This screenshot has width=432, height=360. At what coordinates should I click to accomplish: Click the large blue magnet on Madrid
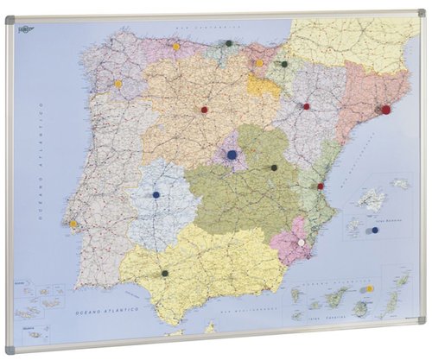pos(232,155)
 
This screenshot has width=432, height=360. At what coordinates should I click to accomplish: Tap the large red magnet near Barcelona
pos(385,110)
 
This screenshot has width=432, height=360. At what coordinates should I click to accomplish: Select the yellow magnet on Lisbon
pos(73,224)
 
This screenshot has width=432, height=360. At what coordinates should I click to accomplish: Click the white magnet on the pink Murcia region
pos(302,243)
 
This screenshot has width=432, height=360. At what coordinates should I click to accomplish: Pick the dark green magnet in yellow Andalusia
pos(164,274)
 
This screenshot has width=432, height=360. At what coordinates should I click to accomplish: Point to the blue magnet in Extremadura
pos(156,195)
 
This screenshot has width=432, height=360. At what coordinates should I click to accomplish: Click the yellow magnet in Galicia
pos(118,84)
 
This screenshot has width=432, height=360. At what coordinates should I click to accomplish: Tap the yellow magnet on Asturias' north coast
pos(175,47)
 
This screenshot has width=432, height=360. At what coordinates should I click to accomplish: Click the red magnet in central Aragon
pos(306,106)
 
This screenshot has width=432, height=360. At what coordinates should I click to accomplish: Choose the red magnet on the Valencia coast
pos(321,186)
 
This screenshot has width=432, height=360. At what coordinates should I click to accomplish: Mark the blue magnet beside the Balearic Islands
pos(374,230)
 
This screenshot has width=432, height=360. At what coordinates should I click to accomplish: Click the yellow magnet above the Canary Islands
pos(370,288)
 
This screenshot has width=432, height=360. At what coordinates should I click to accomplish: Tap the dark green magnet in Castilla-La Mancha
pos(274,167)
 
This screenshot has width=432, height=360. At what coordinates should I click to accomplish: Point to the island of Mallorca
pos(372,199)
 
